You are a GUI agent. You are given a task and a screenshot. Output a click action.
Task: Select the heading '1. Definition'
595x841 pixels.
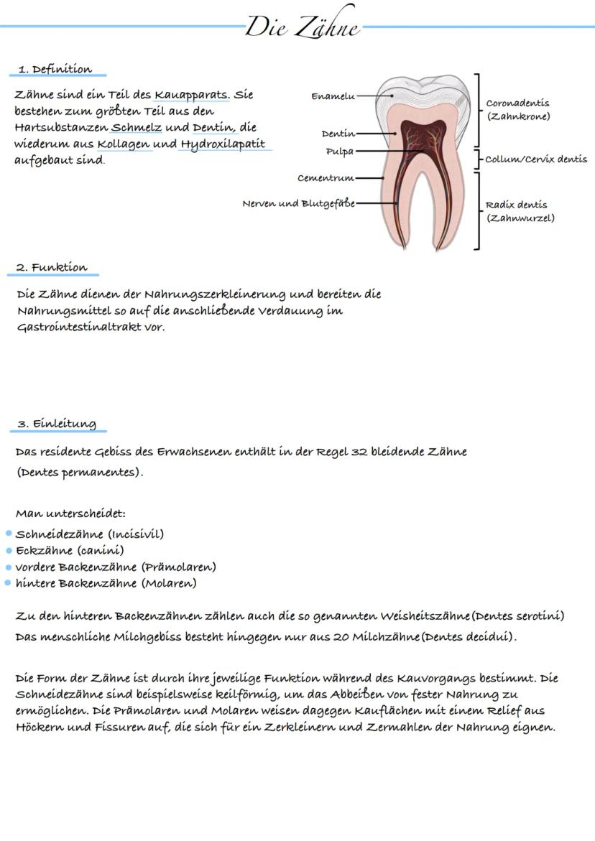[x=55, y=70]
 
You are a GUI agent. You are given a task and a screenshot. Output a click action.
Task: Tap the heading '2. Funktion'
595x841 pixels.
[x=52, y=268]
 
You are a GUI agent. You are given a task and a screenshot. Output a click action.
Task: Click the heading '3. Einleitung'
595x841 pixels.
[x=57, y=424]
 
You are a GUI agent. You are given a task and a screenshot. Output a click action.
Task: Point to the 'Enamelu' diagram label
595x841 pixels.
[x=333, y=96]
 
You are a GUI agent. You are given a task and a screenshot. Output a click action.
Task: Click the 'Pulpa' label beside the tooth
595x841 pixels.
[x=339, y=152]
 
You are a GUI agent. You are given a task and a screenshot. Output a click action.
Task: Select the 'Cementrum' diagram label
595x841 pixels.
[x=326, y=178]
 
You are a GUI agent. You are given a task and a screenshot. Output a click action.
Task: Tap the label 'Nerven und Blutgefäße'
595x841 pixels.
[x=298, y=203]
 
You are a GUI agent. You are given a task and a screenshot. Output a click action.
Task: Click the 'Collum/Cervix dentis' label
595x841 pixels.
[x=536, y=159]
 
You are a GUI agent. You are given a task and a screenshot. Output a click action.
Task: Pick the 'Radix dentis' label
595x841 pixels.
[x=516, y=205]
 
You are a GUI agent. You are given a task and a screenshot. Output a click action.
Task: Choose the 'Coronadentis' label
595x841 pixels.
[x=517, y=103]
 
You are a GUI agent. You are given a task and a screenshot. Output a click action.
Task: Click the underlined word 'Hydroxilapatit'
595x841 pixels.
[x=223, y=144]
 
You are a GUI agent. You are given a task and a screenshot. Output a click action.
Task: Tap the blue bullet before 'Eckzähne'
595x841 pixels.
[x=9, y=551]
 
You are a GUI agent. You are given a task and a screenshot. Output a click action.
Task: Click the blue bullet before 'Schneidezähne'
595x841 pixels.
[x=9, y=534]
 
